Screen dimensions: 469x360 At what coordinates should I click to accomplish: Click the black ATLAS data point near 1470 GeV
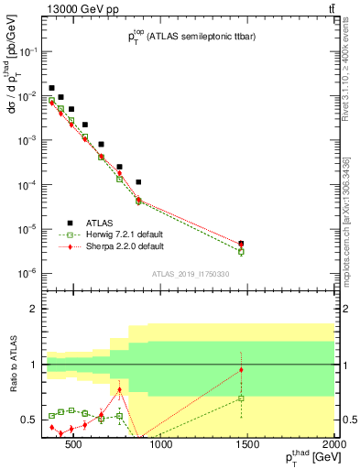[241, 244]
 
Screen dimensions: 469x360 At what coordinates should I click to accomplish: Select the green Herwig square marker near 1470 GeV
[241, 252]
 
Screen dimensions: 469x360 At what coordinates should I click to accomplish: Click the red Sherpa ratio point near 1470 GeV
[241, 370]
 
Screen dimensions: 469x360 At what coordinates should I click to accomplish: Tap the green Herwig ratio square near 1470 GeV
[241, 398]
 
